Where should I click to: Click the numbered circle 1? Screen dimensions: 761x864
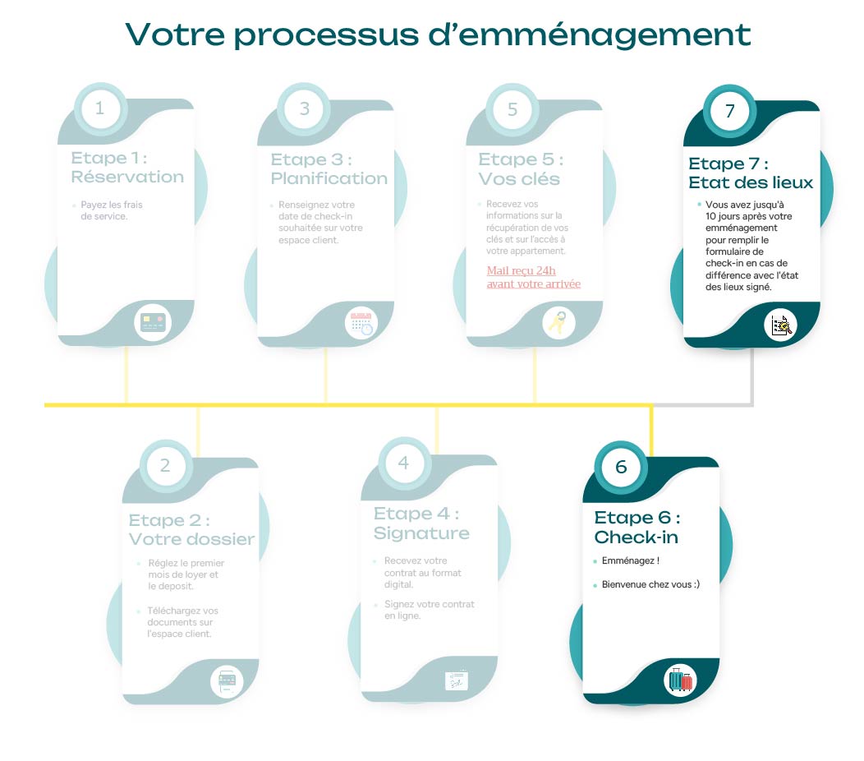click(100, 108)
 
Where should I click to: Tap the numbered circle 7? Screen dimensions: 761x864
click(729, 110)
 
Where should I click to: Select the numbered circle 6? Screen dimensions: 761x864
click(621, 467)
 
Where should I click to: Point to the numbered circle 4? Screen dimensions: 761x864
click(403, 464)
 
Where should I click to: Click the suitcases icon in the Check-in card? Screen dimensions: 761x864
click(680, 680)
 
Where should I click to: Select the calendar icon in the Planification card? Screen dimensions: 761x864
click(361, 323)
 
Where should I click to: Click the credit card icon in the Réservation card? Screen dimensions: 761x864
click(152, 322)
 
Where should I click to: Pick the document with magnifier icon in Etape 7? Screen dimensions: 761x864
click(780, 325)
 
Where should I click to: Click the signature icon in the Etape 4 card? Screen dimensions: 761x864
click(457, 680)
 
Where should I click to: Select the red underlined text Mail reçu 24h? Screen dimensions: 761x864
click(522, 270)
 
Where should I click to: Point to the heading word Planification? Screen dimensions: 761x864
click(329, 178)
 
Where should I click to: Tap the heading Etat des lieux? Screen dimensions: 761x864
click(751, 182)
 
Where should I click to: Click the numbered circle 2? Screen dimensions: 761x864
click(165, 466)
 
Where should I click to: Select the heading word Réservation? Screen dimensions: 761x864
click(127, 177)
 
